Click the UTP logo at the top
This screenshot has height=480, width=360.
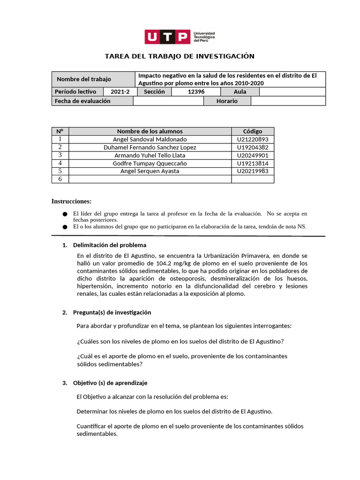[180, 37]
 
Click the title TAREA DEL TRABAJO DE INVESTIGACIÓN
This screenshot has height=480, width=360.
[180, 56]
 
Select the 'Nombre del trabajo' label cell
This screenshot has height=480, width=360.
[84, 79]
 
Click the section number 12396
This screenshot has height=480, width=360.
[195, 92]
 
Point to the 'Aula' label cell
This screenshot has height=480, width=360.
[240, 92]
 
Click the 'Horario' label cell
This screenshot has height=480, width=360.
[227, 101]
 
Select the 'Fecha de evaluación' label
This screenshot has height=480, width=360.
[82, 101]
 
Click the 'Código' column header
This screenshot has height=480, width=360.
[253, 131]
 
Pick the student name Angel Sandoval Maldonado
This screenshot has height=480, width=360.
[150, 139]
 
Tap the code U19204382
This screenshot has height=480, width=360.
[253, 147]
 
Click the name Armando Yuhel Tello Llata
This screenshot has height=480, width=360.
[150, 155]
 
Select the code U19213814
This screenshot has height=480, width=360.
[253, 163]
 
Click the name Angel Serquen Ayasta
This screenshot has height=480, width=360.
[150, 171]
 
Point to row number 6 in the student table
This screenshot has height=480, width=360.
[60, 179]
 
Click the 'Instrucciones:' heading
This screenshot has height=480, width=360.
[71, 202]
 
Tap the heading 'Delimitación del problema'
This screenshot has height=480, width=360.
[110, 245]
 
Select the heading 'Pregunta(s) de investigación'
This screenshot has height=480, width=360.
[112, 313]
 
